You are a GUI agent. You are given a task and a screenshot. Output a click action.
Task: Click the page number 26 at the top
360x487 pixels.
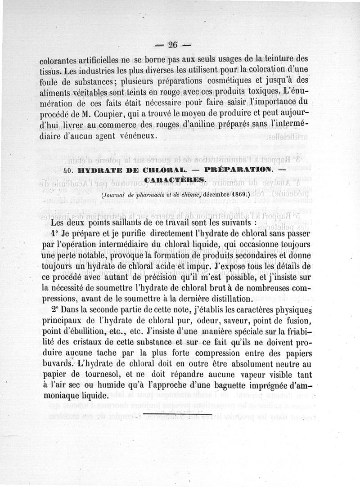[173, 44]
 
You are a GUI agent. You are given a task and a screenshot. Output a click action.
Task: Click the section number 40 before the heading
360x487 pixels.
[69, 170]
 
